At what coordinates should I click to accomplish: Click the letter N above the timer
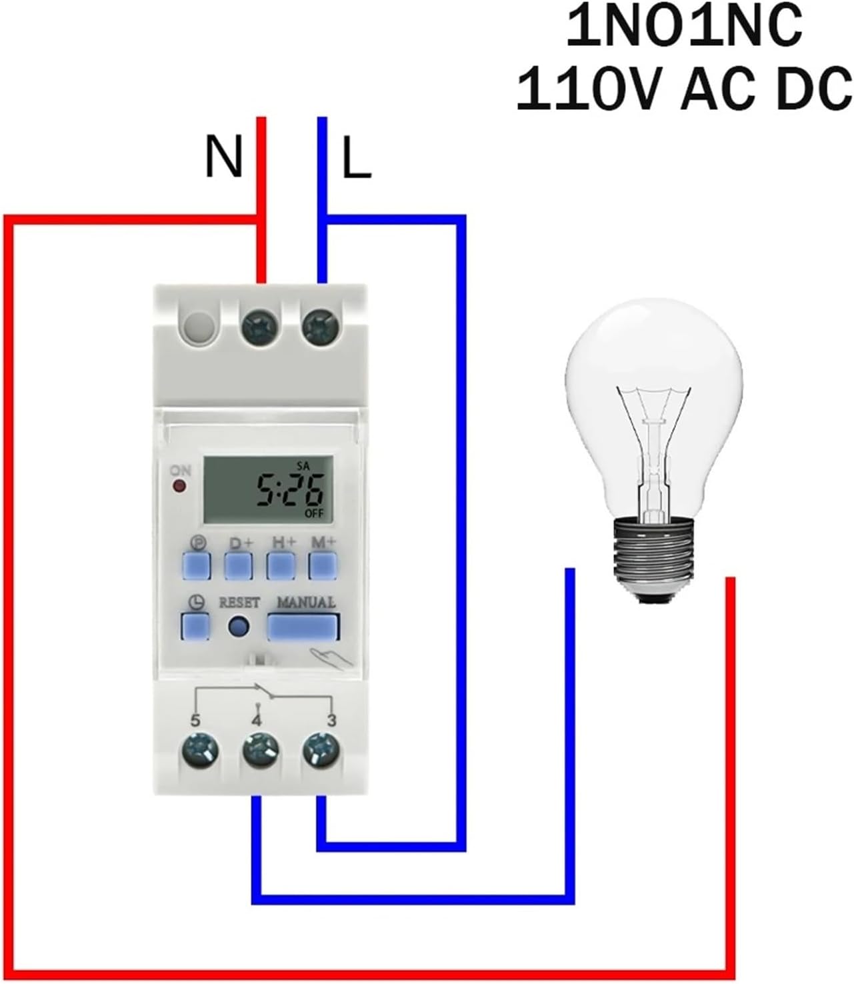tap(223, 157)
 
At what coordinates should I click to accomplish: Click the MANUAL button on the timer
tap(304, 627)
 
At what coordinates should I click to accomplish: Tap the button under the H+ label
tap(281, 565)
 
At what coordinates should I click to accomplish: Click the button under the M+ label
tap(323, 565)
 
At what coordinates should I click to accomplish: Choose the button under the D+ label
tap(238, 565)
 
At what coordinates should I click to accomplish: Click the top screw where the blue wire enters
tap(319, 327)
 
